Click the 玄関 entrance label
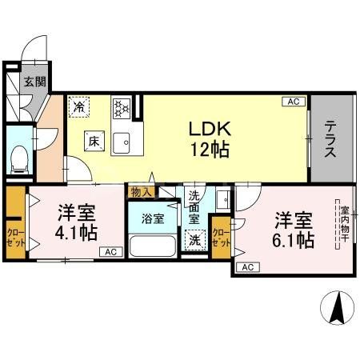point(33,82)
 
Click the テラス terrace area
point(330,138)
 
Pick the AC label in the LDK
point(293,102)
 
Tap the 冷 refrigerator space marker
point(79,105)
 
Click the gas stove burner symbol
point(122,107)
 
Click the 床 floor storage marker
point(93,142)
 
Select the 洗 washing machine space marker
point(194,238)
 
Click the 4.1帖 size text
point(77,233)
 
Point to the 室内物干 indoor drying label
point(335,226)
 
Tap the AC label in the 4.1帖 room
point(107,253)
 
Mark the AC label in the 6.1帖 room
point(247,266)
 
